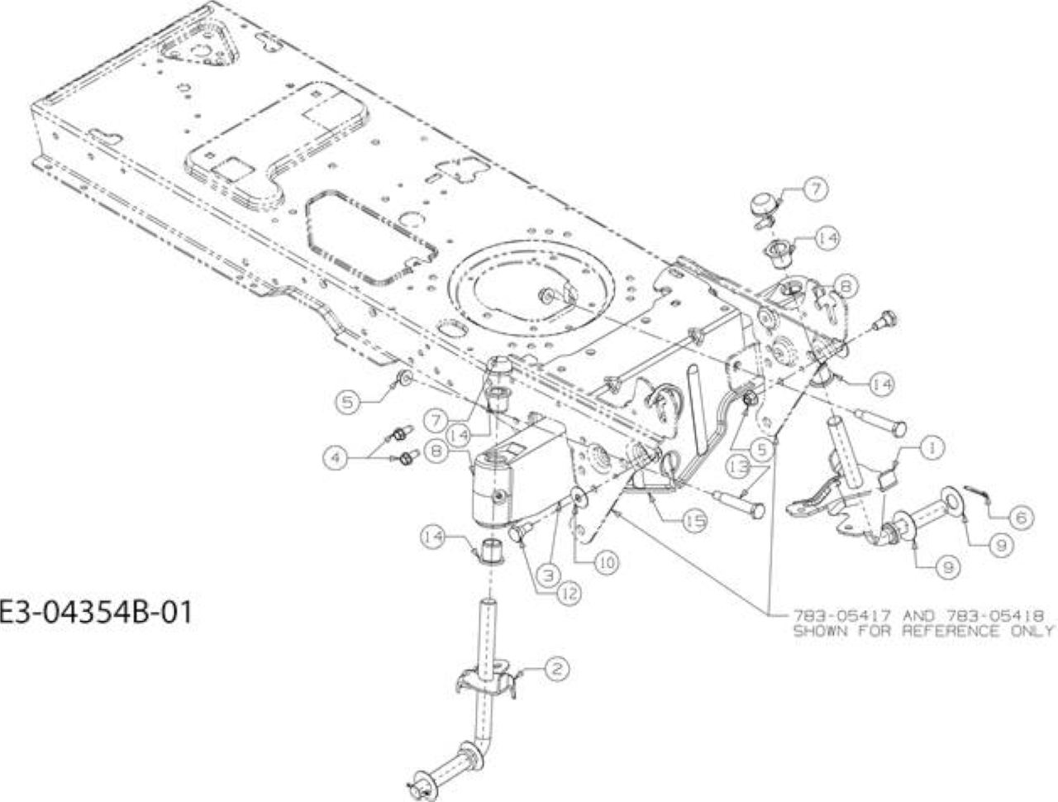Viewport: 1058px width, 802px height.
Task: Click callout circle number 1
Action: (932, 448)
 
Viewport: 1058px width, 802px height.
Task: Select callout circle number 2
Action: (557, 669)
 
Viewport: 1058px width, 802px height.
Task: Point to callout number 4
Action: (336, 456)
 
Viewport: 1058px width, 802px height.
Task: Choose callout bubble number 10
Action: (607, 562)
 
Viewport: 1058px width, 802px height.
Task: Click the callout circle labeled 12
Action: (569, 593)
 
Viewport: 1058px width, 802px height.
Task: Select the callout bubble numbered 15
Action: (694, 521)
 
